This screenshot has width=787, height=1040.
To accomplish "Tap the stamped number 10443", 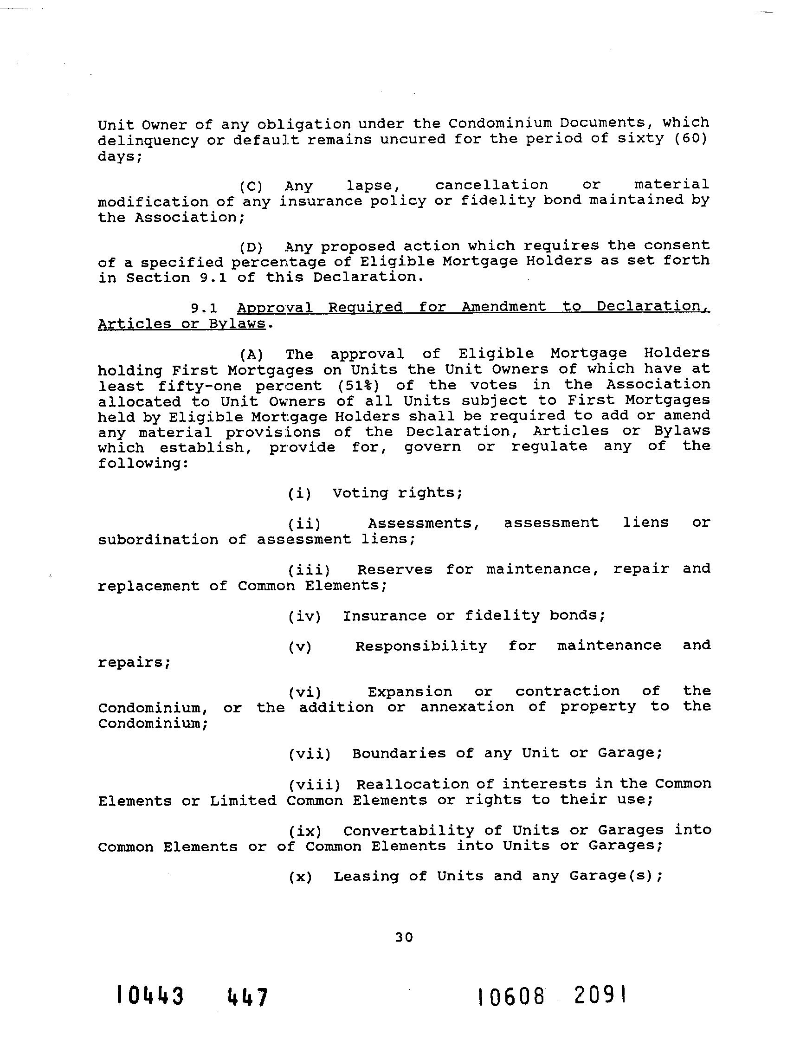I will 150,996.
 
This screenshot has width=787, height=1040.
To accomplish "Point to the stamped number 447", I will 248,997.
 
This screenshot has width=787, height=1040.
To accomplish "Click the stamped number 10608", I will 511,996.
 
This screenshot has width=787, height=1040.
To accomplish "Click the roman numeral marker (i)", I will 299,494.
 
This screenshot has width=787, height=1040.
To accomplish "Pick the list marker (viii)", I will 314,785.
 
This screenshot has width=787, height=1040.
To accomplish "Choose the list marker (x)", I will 300,877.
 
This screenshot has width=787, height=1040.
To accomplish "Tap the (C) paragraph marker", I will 251,187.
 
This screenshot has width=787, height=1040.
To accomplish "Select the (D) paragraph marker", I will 251,247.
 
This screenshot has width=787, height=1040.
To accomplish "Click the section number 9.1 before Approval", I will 204,308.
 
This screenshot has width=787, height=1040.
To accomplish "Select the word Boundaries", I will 399,753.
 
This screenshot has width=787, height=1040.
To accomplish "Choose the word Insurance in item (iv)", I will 385,615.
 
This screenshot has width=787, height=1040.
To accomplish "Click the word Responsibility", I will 421,646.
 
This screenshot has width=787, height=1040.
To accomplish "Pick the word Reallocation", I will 413,784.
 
